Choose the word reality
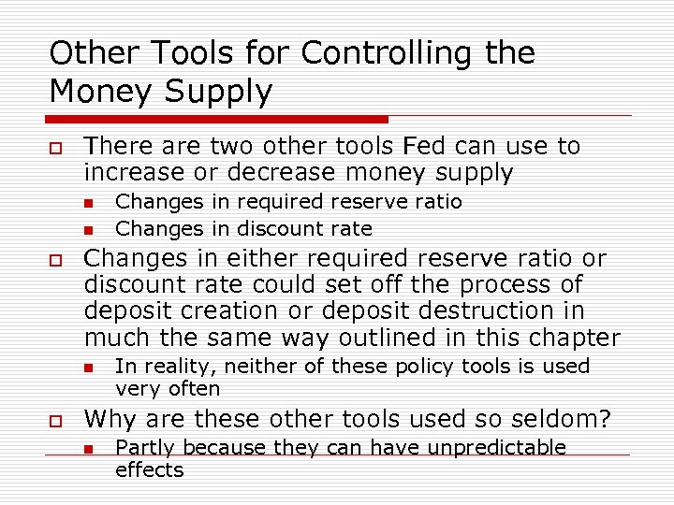pos(169,367)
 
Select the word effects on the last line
pos(149,470)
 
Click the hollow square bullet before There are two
pos(56,148)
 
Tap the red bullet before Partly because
pos(88,449)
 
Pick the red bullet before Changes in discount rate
pos(88,230)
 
